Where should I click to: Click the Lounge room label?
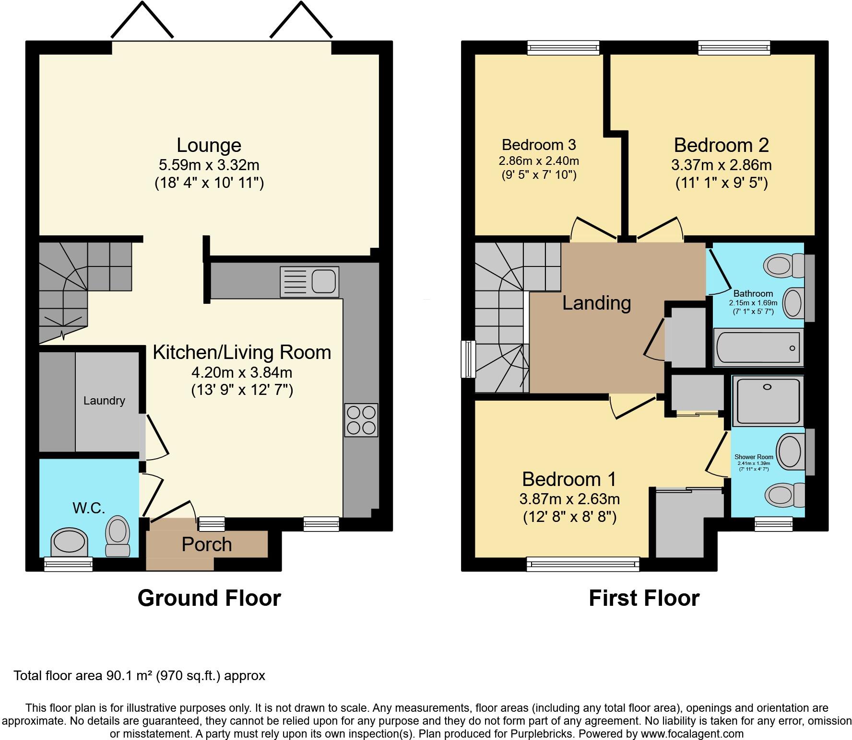click(209, 145)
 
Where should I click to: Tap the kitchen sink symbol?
click(309, 281)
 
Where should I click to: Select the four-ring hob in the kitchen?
click(361, 420)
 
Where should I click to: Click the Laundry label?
click(104, 401)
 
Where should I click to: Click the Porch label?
click(207, 544)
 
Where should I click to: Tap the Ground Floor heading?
click(209, 598)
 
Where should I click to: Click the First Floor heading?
click(644, 598)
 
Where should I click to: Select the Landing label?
click(596, 303)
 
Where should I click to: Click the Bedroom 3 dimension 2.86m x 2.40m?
click(539, 161)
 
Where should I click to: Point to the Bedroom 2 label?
click(721, 145)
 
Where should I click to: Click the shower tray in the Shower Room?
click(768, 401)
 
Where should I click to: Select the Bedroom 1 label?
click(569, 479)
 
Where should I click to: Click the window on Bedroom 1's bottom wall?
click(583, 564)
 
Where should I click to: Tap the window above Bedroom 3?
click(563, 47)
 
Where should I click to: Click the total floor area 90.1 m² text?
click(139, 676)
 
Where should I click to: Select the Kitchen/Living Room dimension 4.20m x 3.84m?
click(242, 372)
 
